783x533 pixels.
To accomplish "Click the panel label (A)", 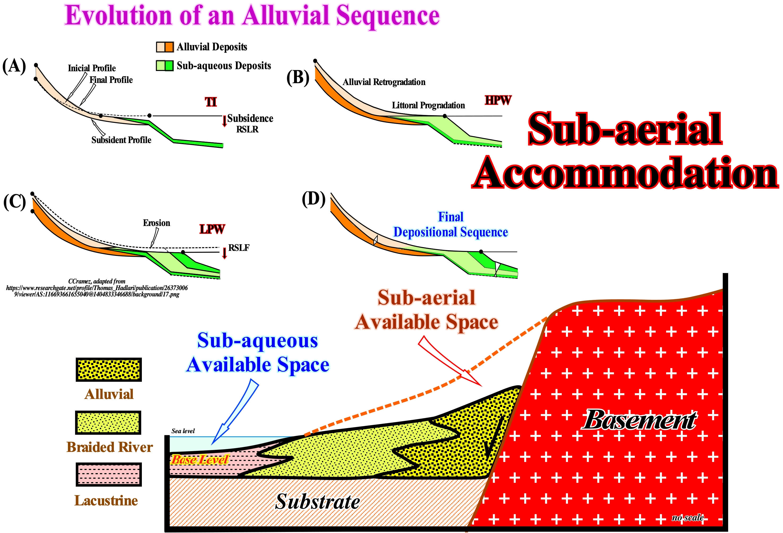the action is tap(14, 66).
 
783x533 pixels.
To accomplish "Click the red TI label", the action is tap(211, 102).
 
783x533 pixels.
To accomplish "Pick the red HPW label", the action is tap(498, 100).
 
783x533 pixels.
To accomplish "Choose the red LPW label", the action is tap(212, 229).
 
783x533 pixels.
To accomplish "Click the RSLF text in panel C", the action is tap(239, 248).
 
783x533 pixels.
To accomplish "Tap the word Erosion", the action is tap(157, 223).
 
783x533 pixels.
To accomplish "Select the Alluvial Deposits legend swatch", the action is tap(165, 47).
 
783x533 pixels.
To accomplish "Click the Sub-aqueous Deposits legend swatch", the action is tap(165, 65).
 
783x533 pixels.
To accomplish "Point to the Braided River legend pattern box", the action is tap(108, 422).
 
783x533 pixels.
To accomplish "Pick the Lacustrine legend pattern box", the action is tap(108, 474).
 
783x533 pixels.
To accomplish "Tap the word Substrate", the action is tap(318, 501).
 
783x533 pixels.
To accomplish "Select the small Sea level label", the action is tap(183, 431).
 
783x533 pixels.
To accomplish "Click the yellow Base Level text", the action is tap(200, 459).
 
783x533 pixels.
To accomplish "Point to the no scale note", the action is tap(688, 518).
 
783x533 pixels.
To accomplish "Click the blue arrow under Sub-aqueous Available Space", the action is tap(235, 411).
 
